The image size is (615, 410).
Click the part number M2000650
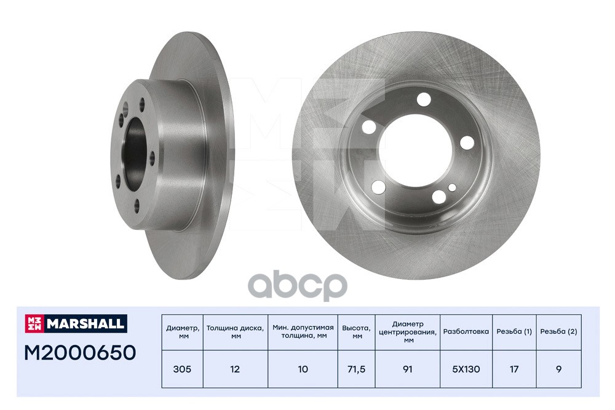(80, 352)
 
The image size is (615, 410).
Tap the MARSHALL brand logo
(76, 323)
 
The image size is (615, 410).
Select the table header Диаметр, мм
(183, 331)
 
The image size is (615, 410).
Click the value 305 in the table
(183, 369)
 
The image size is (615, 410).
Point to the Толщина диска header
(236, 331)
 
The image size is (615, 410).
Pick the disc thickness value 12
(236, 369)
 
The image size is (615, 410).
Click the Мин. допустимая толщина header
(303, 331)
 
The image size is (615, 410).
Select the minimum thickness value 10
(303, 369)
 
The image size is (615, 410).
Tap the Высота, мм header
(356, 331)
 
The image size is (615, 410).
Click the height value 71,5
(356, 369)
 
